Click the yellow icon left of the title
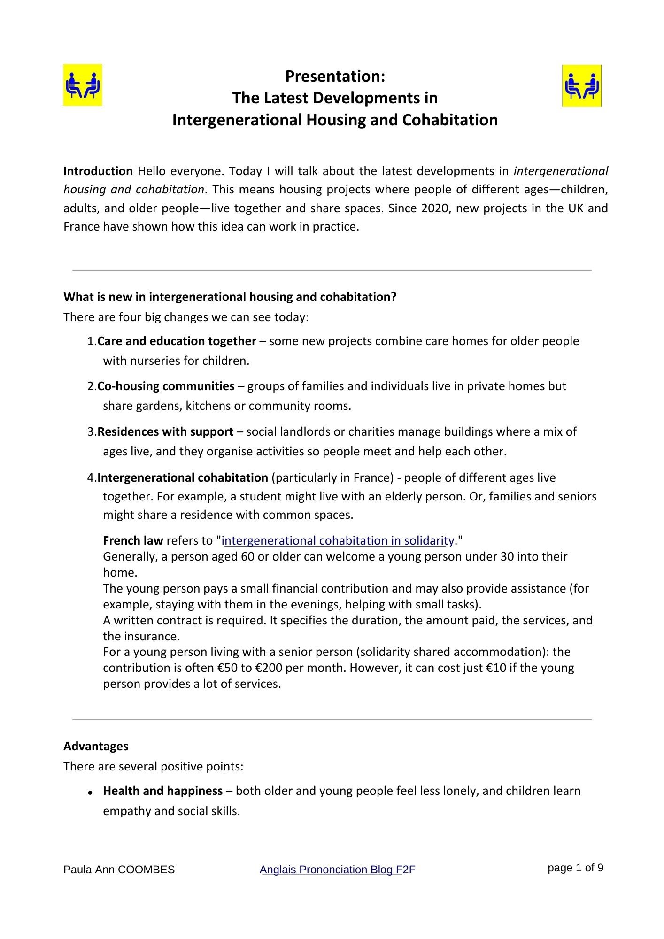click(x=83, y=85)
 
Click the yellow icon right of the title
click(x=581, y=85)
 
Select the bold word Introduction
click(x=98, y=171)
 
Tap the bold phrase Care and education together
click(x=177, y=341)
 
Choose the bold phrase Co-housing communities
click(x=166, y=386)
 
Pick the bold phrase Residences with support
click(x=165, y=431)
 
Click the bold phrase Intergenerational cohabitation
click(x=183, y=477)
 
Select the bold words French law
click(x=133, y=540)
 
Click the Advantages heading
click(x=96, y=746)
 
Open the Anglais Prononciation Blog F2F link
click(x=337, y=870)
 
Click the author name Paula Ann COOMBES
click(x=119, y=870)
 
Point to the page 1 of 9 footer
click(x=575, y=868)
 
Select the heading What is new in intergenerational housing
click(x=230, y=297)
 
